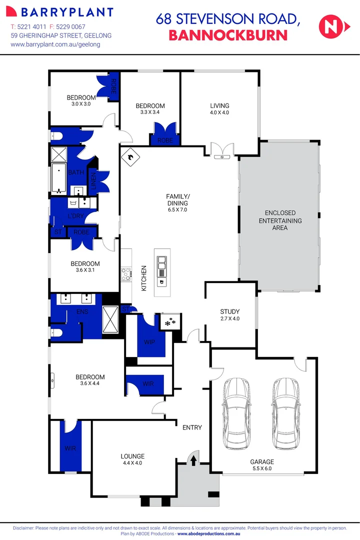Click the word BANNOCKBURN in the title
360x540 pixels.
(228, 35)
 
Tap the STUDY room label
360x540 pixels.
(230, 311)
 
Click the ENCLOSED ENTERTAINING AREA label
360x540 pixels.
(280, 220)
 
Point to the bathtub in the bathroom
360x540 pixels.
(59, 178)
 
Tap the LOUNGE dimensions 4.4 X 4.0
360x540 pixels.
(132, 463)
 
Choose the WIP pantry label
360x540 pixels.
(149, 342)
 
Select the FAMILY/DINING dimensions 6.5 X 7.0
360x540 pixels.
(177, 210)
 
